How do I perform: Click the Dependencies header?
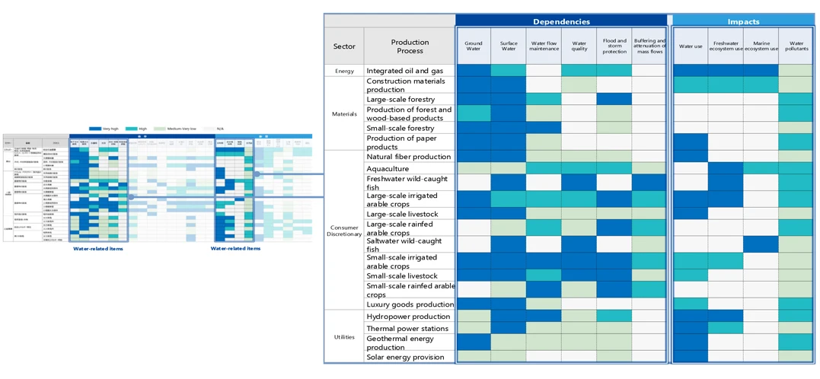[561, 21]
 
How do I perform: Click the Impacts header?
[743, 21]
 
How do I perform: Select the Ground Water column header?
[474, 46]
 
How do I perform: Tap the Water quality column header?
[579, 46]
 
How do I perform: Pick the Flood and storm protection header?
[614, 46]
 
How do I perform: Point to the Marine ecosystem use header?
[761, 46]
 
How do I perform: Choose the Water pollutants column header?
[796, 46]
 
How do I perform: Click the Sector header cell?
[344, 46]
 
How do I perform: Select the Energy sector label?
[344, 71]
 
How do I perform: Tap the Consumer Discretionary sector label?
[344, 229]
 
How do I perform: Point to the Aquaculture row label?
[388, 168]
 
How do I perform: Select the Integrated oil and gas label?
[404, 71]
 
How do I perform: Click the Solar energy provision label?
[405, 357]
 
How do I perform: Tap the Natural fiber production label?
[409, 156]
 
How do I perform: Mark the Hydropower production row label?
[409, 316]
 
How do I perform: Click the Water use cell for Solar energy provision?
[691, 357]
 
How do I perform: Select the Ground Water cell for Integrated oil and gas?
[474, 71]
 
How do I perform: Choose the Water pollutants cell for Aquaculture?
[796, 168]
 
